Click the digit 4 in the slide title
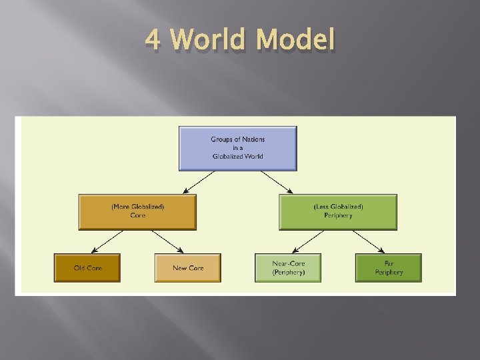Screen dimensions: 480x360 [x=153, y=40]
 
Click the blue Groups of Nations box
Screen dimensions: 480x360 [x=238, y=148]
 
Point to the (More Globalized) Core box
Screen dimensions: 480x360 [x=137, y=212]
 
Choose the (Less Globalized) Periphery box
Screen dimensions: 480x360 [x=338, y=212]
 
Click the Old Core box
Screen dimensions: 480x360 [x=87, y=268]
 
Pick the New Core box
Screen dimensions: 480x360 [x=188, y=268]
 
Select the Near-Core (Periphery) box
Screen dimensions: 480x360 [x=288, y=268]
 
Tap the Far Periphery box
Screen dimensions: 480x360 [x=388, y=268]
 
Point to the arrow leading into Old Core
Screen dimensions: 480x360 [x=107, y=242]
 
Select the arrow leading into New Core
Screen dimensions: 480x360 [x=167, y=242]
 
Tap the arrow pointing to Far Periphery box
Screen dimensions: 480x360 [x=368, y=242]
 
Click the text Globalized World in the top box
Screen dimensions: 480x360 [x=238, y=156]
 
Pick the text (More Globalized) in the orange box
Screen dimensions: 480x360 [x=137, y=207]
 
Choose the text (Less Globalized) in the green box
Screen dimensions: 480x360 [x=338, y=207]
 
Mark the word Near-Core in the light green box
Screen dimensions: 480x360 [x=288, y=264]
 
